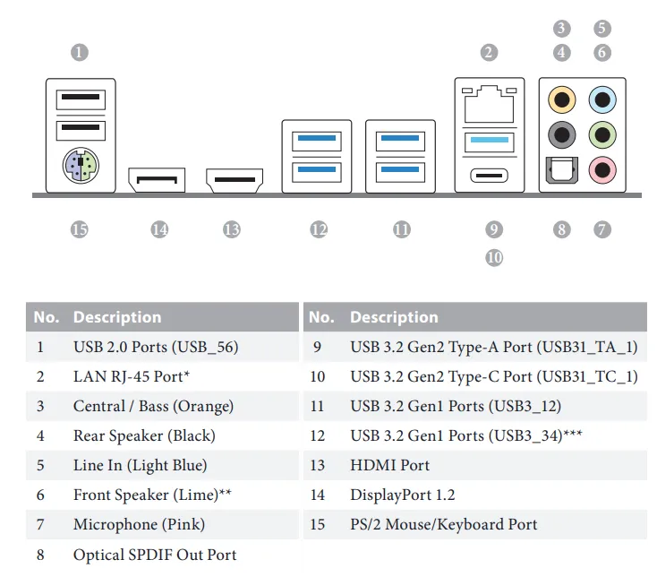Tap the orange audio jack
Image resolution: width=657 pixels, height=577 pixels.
(x=561, y=98)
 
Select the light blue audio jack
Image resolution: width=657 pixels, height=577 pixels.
(x=602, y=98)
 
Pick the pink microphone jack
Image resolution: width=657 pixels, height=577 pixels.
(x=602, y=166)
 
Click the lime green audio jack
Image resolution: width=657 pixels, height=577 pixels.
(x=602, y=134)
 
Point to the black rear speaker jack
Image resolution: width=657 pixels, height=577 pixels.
(x=561, y=134)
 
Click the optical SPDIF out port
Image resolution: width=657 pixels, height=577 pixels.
(x=561, y=168)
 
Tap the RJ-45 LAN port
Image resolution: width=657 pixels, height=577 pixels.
(x=489, y=102)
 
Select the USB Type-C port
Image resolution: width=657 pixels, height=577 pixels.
(x=489, y=173)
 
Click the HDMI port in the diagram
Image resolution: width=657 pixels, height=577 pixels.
(x=235, y=180)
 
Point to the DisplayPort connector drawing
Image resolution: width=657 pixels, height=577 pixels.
(x=157, y=180)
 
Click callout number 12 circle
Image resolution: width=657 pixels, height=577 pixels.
(x=319, y=229)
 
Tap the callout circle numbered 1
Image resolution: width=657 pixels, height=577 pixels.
(x=80, y=52)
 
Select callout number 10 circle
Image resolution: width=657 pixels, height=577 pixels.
(x=494, y=258)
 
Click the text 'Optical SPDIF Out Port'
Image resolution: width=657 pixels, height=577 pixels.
(x=155, y=555)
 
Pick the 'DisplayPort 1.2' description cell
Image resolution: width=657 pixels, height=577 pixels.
(x=402, y=495)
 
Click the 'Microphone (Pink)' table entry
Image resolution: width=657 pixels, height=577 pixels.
(x=139, y=524)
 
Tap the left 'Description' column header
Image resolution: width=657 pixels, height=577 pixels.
(x=117, y=317)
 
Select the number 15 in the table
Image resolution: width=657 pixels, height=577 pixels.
(x=318, y=524)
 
